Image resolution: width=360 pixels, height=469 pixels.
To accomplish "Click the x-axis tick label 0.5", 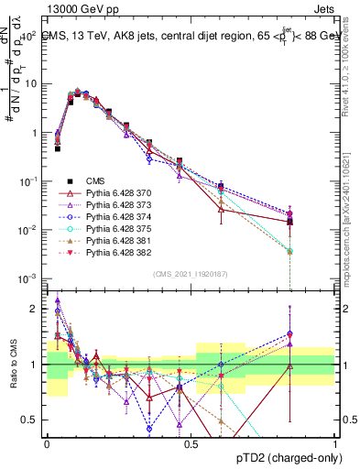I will coord(191,443).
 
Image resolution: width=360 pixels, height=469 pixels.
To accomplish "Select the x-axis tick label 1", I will coord(335,443).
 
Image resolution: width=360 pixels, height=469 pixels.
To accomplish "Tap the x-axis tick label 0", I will coord(47,443).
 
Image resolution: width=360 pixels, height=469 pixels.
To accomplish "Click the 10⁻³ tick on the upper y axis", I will coord(29,278).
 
